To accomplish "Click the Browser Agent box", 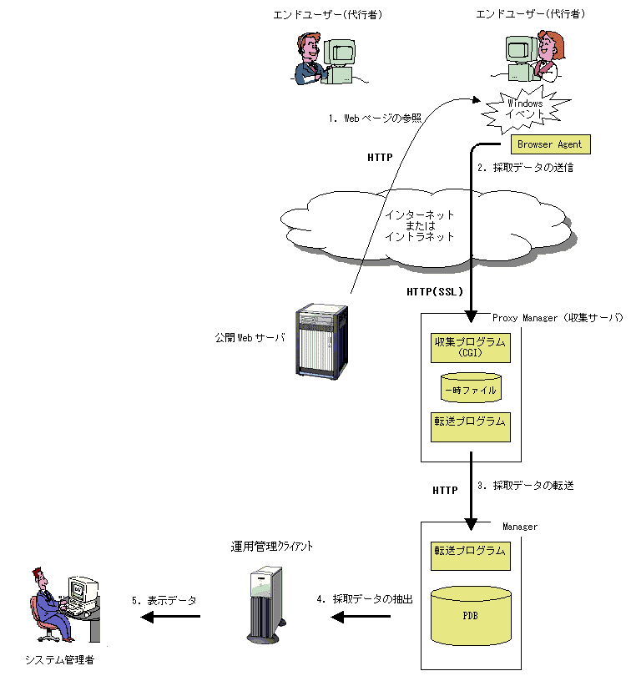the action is (550, 144).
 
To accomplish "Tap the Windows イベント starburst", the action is (525, 109).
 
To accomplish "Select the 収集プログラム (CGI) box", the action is (470, 347).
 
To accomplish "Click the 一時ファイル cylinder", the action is (471, 387).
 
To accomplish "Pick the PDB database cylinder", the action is (471, 616).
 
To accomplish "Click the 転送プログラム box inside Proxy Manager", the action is (470, 426).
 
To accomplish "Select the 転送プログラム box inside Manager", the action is (470, 556).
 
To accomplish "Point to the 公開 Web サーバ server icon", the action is (321, 341).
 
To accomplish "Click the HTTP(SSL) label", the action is (435, 292).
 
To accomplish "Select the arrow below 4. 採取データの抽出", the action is (361, 617).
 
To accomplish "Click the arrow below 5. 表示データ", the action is (170, 617).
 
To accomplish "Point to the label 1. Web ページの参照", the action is (375, 119).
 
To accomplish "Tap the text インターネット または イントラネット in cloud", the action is (420, 225).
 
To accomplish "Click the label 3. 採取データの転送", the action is (526, 486).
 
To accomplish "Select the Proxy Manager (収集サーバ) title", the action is (558, 318).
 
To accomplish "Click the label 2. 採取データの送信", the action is (526, 167).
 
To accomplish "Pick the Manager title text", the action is (520, 527).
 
